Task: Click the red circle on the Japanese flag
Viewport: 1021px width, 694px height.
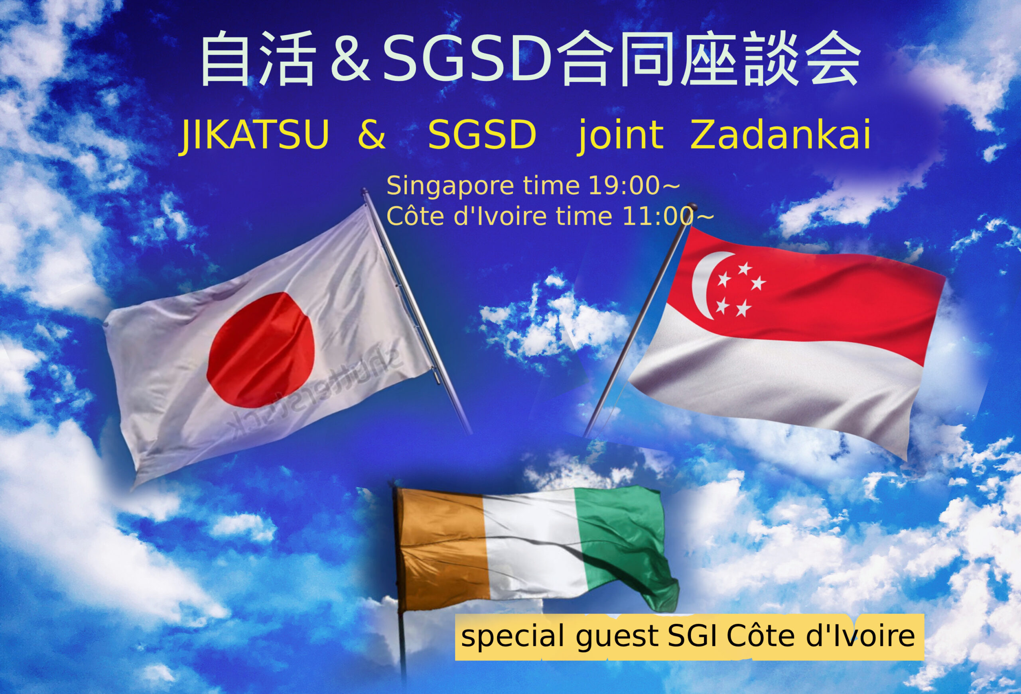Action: pyautogui.click(x=261, y=350)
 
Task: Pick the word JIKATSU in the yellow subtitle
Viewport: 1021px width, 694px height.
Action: pyautogui.click(x=254, y=135)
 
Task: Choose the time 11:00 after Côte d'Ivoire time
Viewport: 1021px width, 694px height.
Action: pyautogui.click(x=658, y=216)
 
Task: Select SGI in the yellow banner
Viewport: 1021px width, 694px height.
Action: pyautogui.click(x=693, y=635)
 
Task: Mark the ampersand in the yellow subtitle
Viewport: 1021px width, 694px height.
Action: pyautogui.click(x=372, y=135)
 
